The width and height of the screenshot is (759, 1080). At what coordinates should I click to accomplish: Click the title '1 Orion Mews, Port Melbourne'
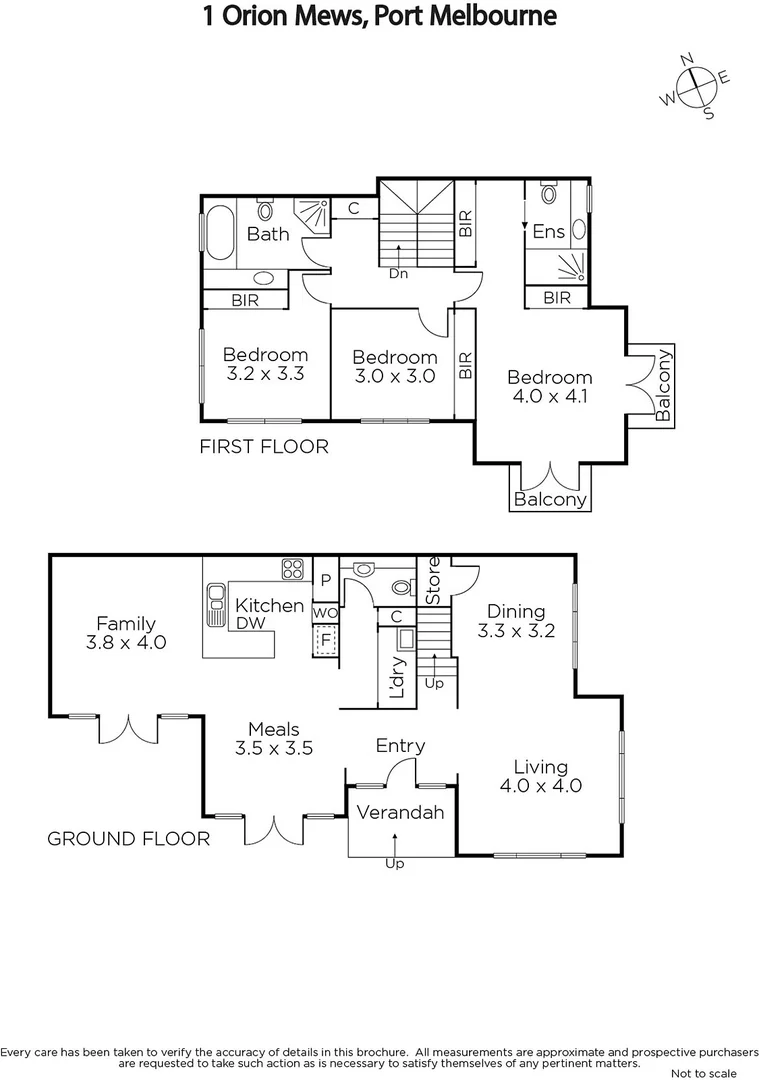(379, 17)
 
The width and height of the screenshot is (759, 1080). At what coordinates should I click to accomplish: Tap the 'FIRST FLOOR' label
(264, 446)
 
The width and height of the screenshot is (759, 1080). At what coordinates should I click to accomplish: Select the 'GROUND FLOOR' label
(129, 838)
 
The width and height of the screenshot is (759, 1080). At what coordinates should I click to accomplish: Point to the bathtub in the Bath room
(219, 233)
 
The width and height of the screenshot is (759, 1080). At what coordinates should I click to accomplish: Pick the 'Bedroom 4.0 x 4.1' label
(549, 386)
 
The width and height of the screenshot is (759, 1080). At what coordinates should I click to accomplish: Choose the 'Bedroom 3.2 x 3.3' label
(264, 364)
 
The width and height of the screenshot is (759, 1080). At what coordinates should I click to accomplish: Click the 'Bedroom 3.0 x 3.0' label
(394, 366)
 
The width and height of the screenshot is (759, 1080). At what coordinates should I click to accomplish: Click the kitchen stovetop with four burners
(293, 569)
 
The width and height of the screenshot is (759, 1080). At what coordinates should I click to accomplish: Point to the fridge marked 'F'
(324, 639)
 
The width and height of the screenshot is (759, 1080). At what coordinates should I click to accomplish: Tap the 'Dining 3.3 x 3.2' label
(516, 620)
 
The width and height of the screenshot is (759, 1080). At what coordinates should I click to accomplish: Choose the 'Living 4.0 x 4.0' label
(540, 776)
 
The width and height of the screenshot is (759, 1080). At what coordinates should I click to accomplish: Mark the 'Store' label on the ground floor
(433, 580)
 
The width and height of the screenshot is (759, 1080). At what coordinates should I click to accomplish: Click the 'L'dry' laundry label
(395, 676)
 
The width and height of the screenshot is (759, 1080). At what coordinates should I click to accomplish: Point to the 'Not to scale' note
(704, 1073)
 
